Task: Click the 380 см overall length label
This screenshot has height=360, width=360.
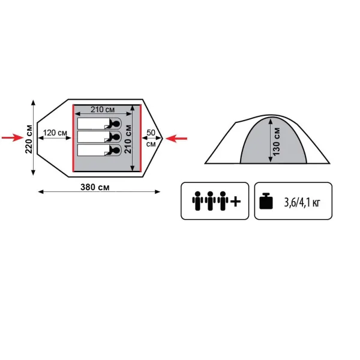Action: tap(95, 187)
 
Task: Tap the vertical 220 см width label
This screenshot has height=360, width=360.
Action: tap(29, 139)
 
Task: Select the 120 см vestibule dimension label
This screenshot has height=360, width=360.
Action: tap(55, 133)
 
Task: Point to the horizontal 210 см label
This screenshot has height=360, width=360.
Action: tap(103, 110)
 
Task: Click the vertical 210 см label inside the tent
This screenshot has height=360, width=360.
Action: tap(128, 139)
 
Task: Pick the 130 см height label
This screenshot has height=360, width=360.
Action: tap(276, 142)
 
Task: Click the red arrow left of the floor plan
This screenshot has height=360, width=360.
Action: tap(13, 138)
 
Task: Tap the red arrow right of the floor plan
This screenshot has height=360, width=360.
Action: tap(176, 139)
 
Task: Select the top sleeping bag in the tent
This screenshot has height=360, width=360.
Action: tap(100, 124)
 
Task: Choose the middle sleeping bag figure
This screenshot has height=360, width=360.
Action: tap(100, 137)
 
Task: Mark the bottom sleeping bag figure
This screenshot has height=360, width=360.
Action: tap(100, 150)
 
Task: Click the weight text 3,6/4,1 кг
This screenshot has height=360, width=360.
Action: tap(302, 203)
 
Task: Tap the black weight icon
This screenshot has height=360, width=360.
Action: tap(266, 201)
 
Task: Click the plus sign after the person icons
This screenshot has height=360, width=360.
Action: tap(236, 202)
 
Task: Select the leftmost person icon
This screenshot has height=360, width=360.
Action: tap(197, 201)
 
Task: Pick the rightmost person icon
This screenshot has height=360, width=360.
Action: tap(223, 201)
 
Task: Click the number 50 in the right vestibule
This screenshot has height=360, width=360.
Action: tap(151, 133)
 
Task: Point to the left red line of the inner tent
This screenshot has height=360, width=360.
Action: tap(73, 138)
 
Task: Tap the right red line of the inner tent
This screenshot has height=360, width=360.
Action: tap(140, 138)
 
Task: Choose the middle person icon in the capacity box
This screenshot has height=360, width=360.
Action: tap(210, 201)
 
